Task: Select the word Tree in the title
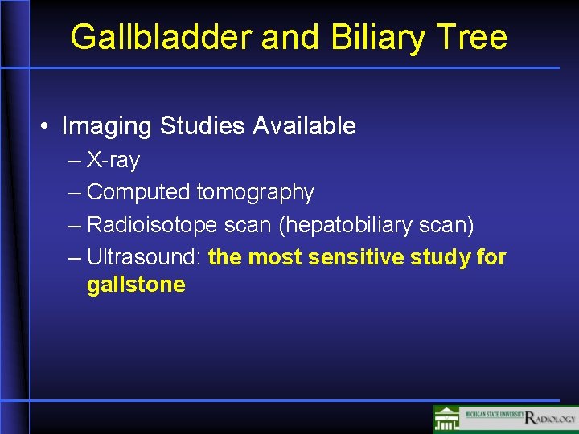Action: coord(475,38)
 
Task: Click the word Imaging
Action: coord(107,126)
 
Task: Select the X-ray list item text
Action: coord(113,161)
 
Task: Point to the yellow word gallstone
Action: coord(136,285)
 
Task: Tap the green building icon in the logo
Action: coord(447,419)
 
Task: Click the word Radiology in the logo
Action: coord(550,418)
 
